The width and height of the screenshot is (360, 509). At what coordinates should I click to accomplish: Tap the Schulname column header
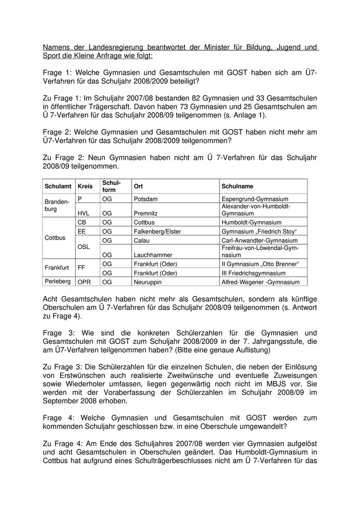[237, 186]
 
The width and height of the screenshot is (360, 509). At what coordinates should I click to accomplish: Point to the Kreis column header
[85, 186]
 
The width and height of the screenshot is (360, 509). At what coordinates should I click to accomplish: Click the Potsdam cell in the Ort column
[146, 199]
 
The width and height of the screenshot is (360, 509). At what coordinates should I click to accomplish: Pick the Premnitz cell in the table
[147, 213]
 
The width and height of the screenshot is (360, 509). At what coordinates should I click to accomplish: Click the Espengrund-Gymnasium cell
[255, 199]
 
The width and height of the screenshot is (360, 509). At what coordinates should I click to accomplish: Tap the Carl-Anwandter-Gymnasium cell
[259, 241]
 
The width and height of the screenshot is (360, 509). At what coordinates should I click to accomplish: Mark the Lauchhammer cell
[152, 254]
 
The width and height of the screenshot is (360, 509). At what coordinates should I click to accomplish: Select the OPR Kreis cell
[84, 282]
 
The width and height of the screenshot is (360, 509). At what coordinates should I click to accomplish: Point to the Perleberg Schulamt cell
[58, 282]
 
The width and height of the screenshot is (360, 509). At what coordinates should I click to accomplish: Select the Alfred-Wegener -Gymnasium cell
[257, 282]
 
